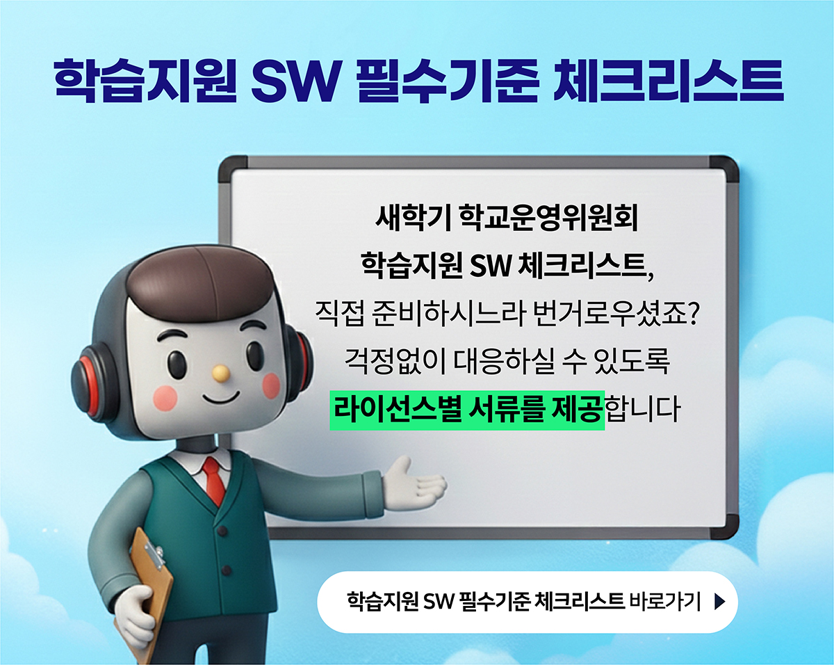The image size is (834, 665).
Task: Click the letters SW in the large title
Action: (x=292, y=82)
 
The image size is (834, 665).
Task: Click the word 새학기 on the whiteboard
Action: (x=411, y=219)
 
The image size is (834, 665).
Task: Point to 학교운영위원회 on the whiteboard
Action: (x=548, y=219)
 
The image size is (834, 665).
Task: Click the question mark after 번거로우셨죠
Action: (x=691, y=314)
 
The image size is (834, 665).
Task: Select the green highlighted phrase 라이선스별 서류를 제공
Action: (x=467, y=410)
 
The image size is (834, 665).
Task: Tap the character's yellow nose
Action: (x=221, y=373)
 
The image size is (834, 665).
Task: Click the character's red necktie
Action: (x=214, y=479)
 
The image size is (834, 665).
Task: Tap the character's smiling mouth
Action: (x=222, y=398)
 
